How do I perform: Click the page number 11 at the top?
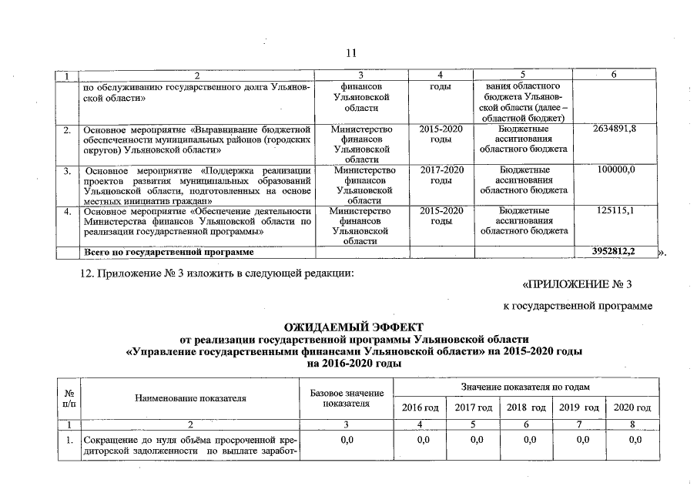350,53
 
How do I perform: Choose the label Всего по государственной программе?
168,252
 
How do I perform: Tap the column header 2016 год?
420,407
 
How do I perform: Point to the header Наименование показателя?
190,398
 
